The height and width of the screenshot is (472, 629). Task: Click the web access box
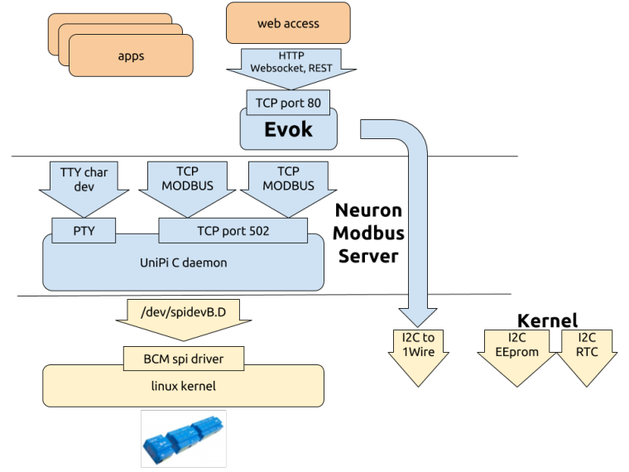[x=288, y=24]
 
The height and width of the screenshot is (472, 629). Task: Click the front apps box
[x=131, y=56]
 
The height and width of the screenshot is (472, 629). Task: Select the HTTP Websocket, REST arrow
[x=288, y=65]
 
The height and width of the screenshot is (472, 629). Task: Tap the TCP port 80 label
[x=288, y=104]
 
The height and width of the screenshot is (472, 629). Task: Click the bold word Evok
[x=288, y=130]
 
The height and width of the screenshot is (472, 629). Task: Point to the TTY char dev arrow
[x=84, y=184]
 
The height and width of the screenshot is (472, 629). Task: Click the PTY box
[x=84, y=231]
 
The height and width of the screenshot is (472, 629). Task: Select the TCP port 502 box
[x=233, y=231]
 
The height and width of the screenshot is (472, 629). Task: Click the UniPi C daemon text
[x=183, y=262]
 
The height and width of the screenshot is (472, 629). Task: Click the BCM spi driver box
[x=183, y=359]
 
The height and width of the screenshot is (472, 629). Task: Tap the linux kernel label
[x=183, y=385]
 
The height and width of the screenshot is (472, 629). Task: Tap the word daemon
[x=204, y=262]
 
